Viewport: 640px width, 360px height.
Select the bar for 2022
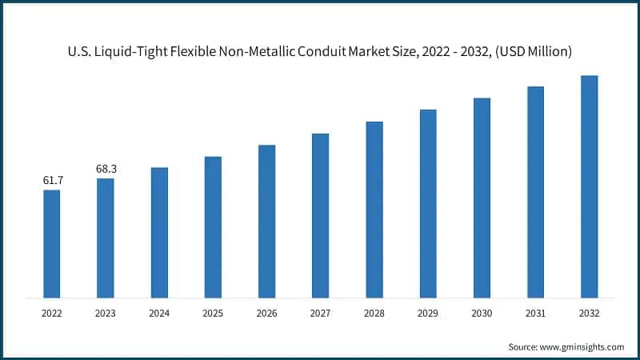pos(52,244)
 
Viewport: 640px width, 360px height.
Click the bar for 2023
pos(106,238)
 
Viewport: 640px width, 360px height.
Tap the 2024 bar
pos(159,233)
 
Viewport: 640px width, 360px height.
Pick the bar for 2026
pos(266,222)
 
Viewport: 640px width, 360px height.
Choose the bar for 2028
pos(374,210)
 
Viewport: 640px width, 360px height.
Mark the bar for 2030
pos(482,198)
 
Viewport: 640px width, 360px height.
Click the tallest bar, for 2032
pos(590,187)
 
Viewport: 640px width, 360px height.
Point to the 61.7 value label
pos(53,181)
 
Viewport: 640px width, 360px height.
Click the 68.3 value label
pos(106,170)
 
